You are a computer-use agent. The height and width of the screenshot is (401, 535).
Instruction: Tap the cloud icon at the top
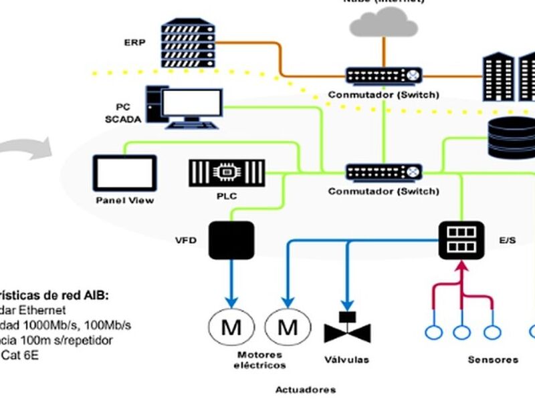tap(383, 23)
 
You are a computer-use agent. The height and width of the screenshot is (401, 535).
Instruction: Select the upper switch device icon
tap(384, 75)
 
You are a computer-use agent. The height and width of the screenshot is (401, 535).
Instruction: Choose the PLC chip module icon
tap(227, 172)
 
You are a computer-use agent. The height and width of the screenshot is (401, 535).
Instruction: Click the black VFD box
tap(231, 240)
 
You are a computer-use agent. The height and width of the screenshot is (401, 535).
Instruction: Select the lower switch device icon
tap(384, 172)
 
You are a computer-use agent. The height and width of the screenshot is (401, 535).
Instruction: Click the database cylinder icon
tap(511, 137)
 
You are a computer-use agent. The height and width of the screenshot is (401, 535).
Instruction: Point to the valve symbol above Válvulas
tap(347, 328)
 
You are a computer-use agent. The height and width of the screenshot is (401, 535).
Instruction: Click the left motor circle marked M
tap(231, 328)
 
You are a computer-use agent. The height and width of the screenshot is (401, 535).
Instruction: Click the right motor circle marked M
tap(288, 328)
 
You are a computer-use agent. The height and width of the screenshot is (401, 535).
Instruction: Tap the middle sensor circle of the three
tap(461, 331)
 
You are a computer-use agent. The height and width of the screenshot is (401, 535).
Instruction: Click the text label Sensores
tap(493, 360)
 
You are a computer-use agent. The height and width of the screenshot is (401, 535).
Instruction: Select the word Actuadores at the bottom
tap(306, 389)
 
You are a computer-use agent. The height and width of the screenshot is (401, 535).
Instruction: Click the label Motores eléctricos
tap(259, 360)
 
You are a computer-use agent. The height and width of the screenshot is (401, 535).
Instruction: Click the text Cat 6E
tap(20, 355)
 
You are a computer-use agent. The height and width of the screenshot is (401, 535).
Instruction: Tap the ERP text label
tap(134, 42)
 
